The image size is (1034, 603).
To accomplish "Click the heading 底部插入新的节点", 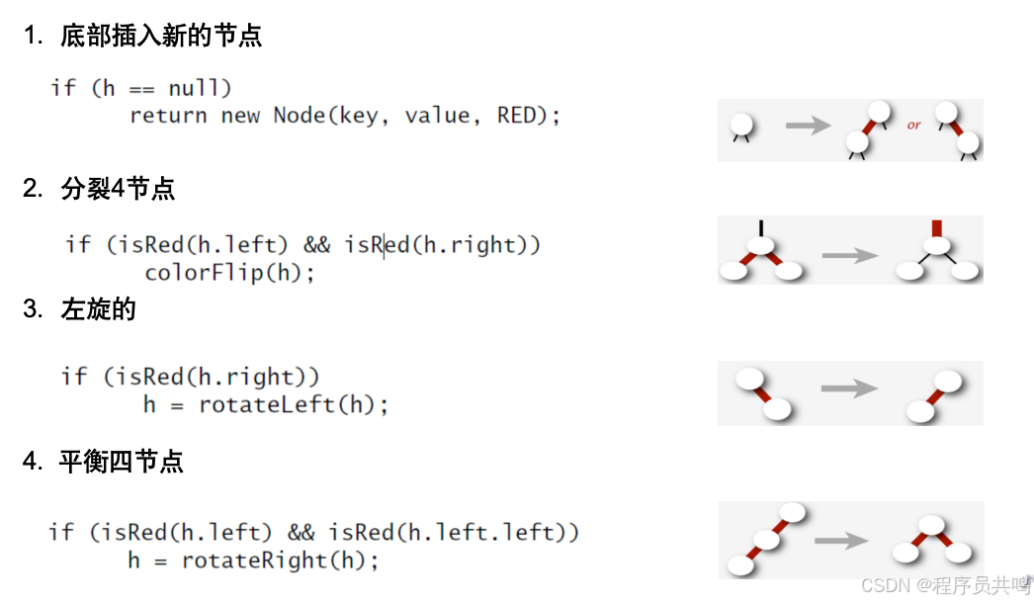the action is [x=161, y=37].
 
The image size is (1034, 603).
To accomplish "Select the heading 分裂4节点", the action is [x=118, y=188].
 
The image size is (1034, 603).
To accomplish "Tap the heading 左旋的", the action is [x=98, y=309].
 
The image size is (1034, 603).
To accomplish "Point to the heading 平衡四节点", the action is [x=122, y=461].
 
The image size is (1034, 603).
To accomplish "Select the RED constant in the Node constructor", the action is [x=516, y=116].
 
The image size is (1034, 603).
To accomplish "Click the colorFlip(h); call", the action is [x=229, y=272].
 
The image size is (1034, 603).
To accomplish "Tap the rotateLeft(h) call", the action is [x=294, y=404].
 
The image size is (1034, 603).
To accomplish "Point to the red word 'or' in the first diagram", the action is [x=913, y=126].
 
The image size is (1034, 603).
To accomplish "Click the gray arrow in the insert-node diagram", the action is [x=808, y=126].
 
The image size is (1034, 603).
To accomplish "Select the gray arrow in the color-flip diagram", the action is [x=849, y=255].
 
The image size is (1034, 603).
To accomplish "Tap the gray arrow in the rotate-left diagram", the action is [x=849, y=388].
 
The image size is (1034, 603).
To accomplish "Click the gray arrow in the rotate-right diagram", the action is [x=841, y=541].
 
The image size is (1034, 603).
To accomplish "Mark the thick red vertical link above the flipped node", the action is [x=937, y=227].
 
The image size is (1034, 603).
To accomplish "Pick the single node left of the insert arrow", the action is [x=741, y=126].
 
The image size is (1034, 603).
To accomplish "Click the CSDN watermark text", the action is [x=945, y=586].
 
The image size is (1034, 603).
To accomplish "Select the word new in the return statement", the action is [x=240, y=116].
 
